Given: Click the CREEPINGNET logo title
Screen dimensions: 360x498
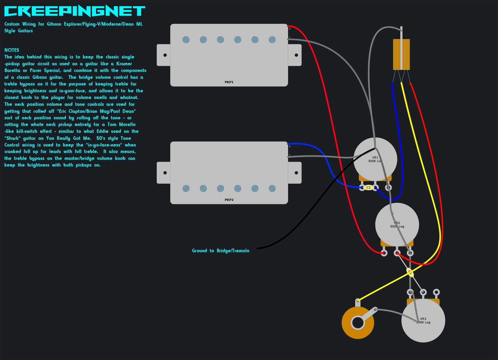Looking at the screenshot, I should click(75, 11).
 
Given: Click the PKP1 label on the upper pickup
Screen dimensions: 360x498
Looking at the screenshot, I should click(229, 82).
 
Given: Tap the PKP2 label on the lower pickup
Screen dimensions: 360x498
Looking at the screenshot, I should click(229, 200).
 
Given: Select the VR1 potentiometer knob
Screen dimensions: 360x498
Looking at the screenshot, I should click(375, 159).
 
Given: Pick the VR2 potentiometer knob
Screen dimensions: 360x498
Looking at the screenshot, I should click(397, 225).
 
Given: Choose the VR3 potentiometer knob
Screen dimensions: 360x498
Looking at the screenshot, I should click(423, 320).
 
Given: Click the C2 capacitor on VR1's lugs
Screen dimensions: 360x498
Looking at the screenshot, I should click(369, 188).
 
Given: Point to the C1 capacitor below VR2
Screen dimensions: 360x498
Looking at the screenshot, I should click(410, 272).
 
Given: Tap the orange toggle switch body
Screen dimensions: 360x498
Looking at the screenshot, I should click(401, 54).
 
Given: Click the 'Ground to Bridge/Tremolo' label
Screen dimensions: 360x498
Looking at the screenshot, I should click(220, 251).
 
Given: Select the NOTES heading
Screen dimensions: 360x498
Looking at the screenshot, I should click(12, 50).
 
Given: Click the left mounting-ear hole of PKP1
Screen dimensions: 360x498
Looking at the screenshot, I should click(165, 55).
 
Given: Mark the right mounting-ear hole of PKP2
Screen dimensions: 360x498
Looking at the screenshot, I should click(296, 173).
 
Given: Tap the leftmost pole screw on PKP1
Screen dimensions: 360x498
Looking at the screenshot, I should click(186, 40).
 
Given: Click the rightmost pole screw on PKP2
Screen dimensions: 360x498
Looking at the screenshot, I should click(272, 188).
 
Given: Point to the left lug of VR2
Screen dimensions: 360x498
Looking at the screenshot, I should click(384, 253).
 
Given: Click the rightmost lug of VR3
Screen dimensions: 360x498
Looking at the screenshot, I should click(436, 292).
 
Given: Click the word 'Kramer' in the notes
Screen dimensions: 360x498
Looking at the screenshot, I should click(124, 64).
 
